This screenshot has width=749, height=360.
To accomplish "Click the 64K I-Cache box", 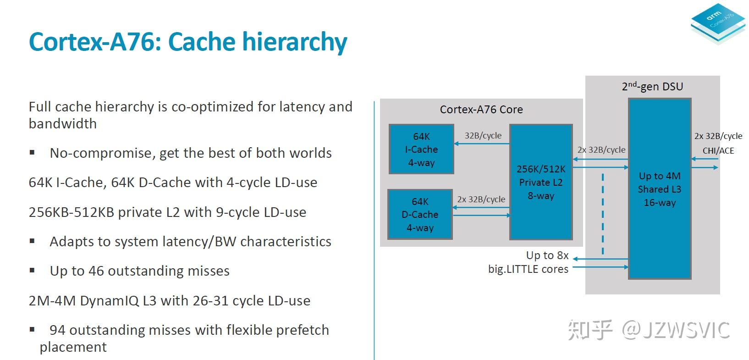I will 421,149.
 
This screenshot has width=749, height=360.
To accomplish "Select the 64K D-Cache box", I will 420,214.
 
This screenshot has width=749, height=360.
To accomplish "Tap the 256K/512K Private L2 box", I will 541,182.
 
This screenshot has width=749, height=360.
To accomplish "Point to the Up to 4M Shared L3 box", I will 660,188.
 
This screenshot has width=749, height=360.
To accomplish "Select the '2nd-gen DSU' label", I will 652,86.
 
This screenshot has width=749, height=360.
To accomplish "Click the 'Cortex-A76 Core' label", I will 481,110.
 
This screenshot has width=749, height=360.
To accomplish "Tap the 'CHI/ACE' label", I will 718,151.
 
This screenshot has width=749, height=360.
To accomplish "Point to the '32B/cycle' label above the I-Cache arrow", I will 483,136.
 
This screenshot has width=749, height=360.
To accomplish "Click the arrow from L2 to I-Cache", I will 481,144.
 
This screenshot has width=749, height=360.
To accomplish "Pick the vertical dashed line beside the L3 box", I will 602,213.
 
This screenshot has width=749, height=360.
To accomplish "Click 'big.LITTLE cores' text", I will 528,269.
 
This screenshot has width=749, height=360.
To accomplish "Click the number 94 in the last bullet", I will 57,330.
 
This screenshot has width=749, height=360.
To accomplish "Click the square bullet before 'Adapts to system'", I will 32,241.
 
